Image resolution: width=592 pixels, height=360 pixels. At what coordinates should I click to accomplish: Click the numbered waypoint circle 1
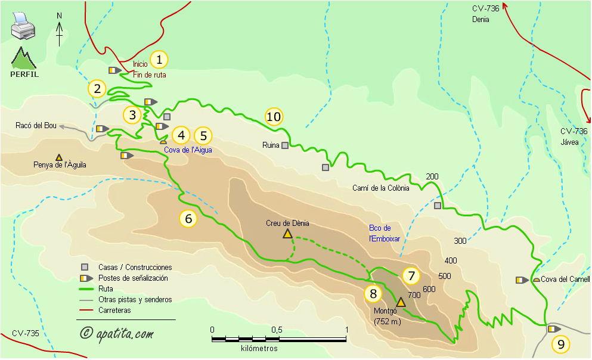pos(159,60)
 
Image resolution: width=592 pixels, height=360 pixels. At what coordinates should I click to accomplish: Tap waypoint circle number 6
pos(188,219)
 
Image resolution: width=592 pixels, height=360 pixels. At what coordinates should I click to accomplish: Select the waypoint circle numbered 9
pos(560,344)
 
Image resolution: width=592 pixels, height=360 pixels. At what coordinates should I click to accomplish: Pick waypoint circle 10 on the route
pos(274,117)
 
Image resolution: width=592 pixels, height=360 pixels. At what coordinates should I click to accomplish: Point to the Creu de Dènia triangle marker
pos(287,234)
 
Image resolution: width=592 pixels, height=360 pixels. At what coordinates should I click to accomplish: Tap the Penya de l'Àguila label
pos(60,165)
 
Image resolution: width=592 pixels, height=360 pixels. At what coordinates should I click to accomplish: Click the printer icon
pos(23,27)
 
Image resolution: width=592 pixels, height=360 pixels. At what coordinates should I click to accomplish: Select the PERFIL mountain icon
pos(24,62)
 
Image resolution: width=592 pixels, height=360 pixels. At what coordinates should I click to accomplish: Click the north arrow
pos(60,30)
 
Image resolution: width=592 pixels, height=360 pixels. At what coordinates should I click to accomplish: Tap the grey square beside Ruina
pos(286,145)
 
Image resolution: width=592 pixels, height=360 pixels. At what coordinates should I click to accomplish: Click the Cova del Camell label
pos(565,280)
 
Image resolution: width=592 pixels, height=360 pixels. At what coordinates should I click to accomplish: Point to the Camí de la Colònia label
pos(381,188)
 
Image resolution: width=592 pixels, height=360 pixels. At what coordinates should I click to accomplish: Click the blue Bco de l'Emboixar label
pos(380,233)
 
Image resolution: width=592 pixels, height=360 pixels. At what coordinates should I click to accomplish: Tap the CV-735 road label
pos(25,333)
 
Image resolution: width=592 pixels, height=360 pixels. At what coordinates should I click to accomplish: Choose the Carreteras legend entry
pos(114,310)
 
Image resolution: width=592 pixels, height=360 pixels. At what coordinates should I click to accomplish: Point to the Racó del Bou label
pos(36,125)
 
